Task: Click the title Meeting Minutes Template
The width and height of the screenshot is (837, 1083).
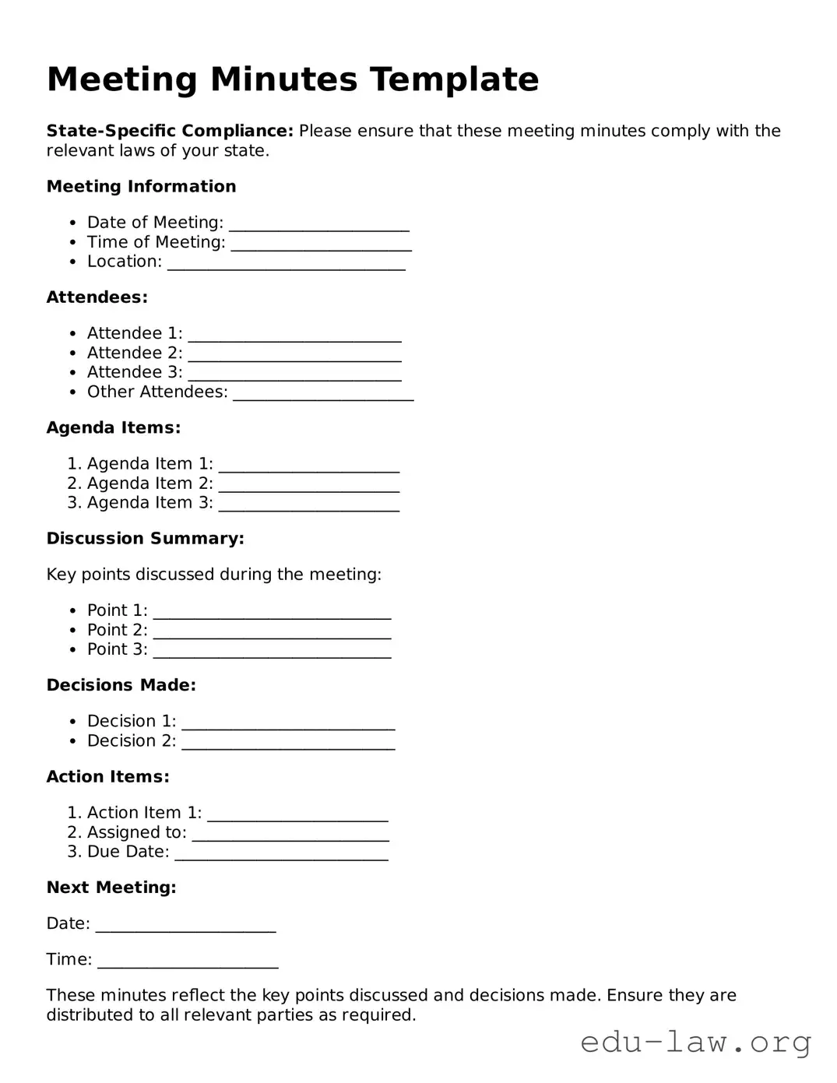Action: coord(292,79)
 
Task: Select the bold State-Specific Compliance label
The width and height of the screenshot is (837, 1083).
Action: coord(170,131)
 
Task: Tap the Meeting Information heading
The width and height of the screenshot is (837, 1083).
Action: coord(141,187)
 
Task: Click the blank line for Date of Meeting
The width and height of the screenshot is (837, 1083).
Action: coord(318,225)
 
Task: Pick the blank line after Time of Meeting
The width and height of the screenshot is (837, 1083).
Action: coord(321,244)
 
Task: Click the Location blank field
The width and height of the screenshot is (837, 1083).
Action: coord(287,264)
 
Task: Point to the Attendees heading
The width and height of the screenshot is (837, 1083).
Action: coord(97,297)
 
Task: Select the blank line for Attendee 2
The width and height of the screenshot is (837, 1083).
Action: coord(294,355)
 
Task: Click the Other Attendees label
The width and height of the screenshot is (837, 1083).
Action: coord(157,392)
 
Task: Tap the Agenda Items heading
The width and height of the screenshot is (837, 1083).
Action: coord(113,427)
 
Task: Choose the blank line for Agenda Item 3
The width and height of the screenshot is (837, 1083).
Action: coord(308,505)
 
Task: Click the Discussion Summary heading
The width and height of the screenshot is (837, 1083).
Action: coord(145,539)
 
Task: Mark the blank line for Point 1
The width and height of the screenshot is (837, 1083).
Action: coord(272,613)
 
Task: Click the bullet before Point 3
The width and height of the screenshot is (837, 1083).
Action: coord(72,650)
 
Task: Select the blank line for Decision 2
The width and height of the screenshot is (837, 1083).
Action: coord(288,743)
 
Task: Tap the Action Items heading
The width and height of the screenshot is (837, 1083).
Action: coord(107,777)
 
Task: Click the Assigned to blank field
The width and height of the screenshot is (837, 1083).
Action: coord(290,835)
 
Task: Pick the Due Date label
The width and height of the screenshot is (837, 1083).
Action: coord(128,852)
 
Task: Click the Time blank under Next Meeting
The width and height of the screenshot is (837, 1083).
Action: coord(188,962)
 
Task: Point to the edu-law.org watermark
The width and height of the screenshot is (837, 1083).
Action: coord(695,1042)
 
